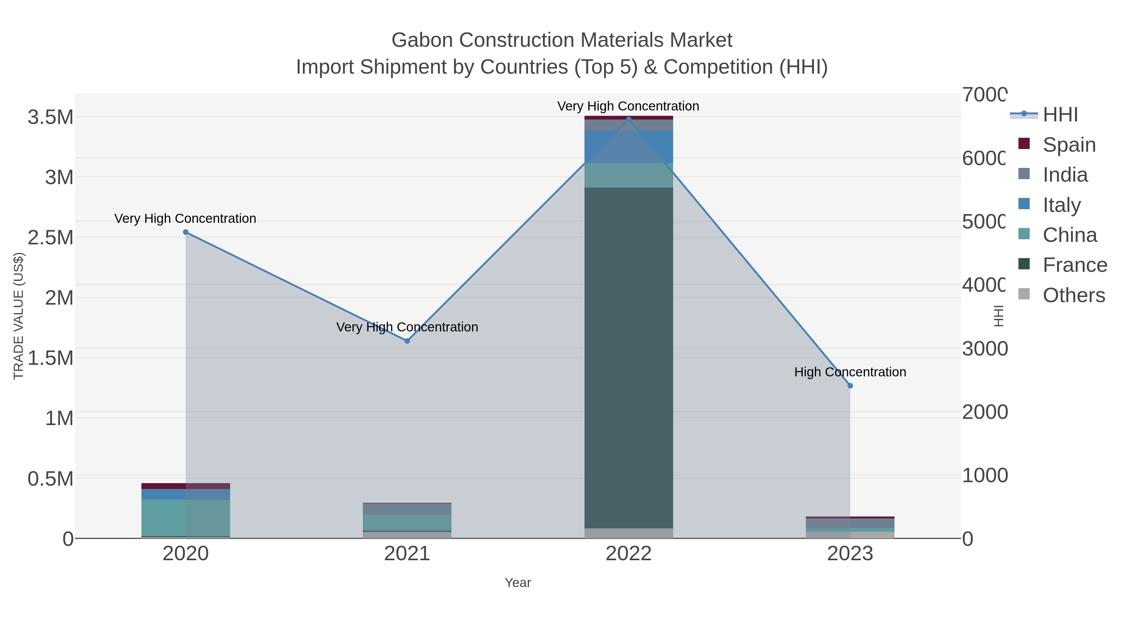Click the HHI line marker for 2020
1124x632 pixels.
[185, 232]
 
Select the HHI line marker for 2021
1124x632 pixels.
[407, 340]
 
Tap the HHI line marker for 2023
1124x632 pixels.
[850, 385]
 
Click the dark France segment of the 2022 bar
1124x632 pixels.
[628, 358]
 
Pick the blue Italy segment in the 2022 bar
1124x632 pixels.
[628, 147]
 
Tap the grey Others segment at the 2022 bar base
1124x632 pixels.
[628, 533]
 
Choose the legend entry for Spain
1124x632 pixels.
[1069, 145]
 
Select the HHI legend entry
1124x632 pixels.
[1060, 115]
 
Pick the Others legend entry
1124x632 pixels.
[1073, 295]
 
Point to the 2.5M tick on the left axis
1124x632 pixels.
[51, 238]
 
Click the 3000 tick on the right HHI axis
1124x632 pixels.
[984, 349]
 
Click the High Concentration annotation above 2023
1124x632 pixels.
[850, 372]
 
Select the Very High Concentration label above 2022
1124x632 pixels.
[628, 106]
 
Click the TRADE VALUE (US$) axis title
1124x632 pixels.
[18, 316]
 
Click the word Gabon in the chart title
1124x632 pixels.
[422, 40]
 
